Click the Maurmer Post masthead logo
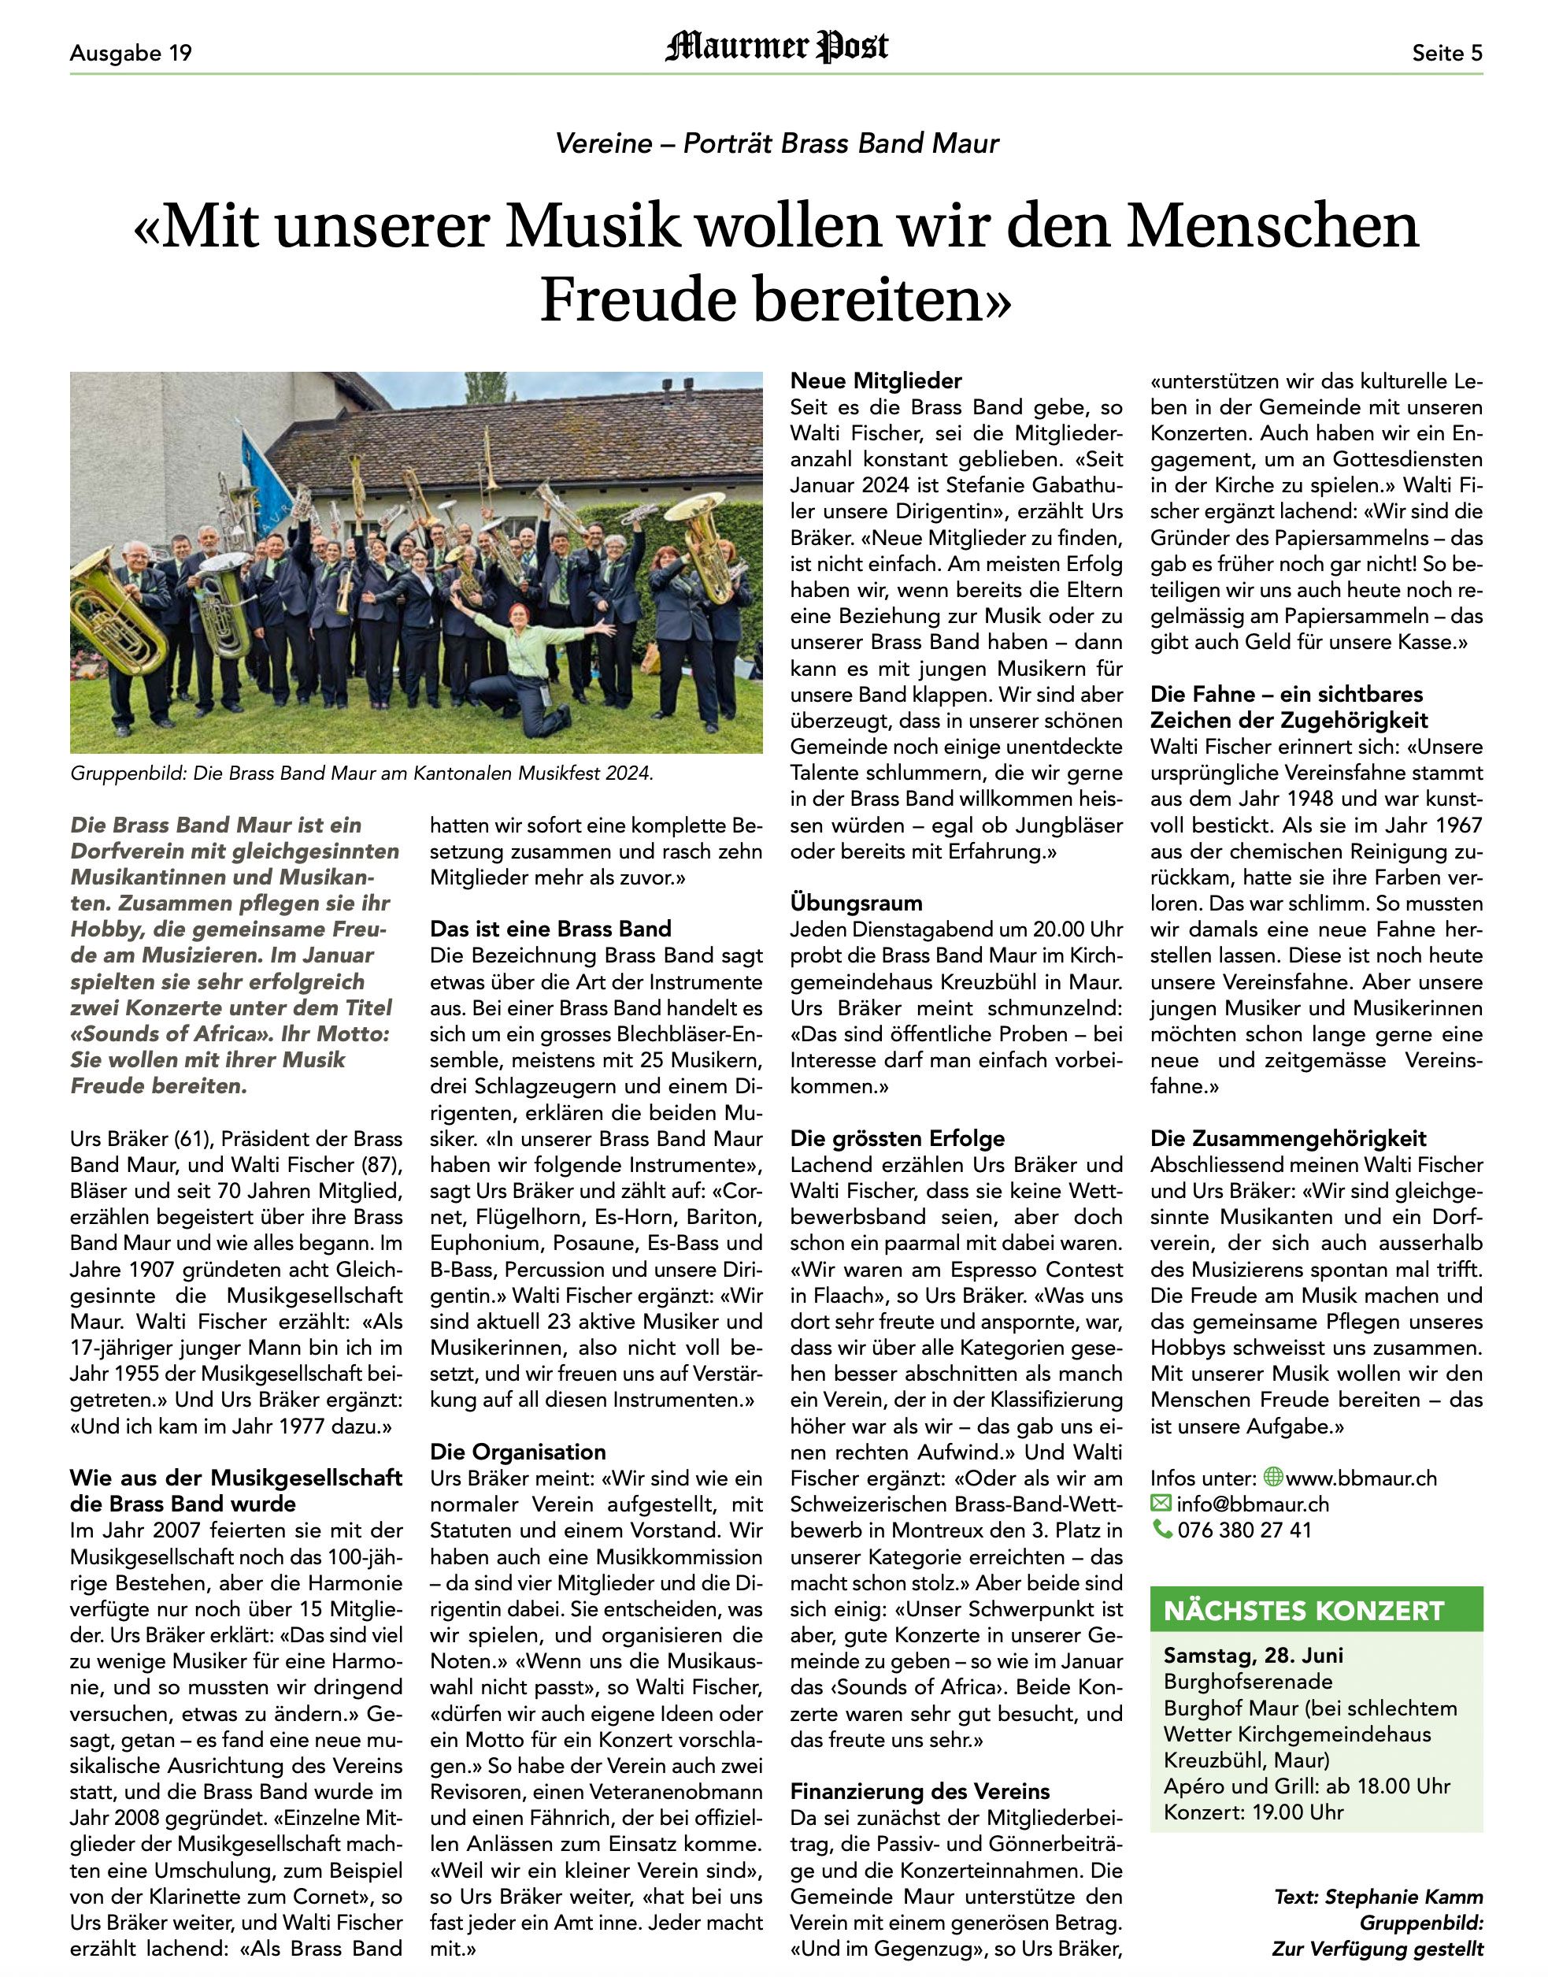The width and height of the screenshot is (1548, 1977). click(776, 47)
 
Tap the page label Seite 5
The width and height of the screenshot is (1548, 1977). click(1446, 54)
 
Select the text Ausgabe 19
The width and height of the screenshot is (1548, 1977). click(131, 54)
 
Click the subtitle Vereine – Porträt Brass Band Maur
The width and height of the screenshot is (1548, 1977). click(776, 143)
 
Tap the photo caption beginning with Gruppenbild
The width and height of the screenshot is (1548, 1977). click(361, 773)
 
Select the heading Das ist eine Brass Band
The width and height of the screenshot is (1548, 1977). click(550, 929)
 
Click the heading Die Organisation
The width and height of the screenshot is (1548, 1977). click(517, 1452)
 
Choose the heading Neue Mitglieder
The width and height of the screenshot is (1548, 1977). click(876, 380)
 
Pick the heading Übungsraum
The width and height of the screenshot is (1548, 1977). click(856, 903)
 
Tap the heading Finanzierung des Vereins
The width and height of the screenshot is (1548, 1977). click(919, 1791)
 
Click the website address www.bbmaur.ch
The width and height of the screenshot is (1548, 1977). click(1361, 1478)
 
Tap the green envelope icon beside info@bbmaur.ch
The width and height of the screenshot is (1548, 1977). click(1160, 1504)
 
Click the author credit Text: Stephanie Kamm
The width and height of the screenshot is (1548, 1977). click(1378, 1897)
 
